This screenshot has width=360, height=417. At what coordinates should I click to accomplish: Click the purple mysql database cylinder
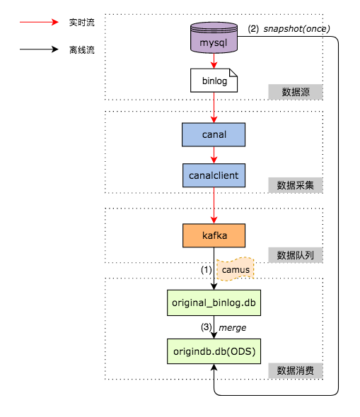pyautogui.click(x=214, y=37)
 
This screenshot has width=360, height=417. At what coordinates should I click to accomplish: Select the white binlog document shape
pyautogui.click(x=214, y=81)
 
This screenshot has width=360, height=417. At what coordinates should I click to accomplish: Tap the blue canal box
pyautogui.click(x=214, y=134)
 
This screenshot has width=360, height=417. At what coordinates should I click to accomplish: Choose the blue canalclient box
pyautogui.click(x=214, y=175)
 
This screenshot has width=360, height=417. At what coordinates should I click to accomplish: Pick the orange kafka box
pyautogui.click(x=214, y=235)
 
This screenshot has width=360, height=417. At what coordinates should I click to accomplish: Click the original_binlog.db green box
pyautogui.click(x=214, y=303)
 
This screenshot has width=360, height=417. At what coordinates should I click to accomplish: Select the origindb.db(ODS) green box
pyautogui.click(x=214, y=351)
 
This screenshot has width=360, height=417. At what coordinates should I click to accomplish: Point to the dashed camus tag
pyautogui.click(x=236, y=269)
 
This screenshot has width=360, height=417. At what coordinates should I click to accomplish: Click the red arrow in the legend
pyautogui.click(x=39, y=22)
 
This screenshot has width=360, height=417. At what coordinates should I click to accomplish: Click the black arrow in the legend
pyautogui.click(x=39, y=49)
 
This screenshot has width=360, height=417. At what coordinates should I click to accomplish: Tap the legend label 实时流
pyautogui.click(x=82, y=23)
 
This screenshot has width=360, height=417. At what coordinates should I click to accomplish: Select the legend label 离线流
pyautogui.click(x=82, y=49)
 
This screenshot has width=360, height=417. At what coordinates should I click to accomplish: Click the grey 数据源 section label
pyautogui.click(x=296, y=92)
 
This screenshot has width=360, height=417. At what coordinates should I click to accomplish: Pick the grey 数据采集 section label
pyautogui.click(x=296, y=185)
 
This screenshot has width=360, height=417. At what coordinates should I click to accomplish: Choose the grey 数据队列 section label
pyautogui.click(x=296, y=255)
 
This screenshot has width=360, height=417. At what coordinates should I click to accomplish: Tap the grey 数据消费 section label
pyautogui.click(x=296, y=370)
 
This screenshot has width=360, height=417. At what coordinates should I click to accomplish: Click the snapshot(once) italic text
pyautogui.click(x=296, y=29)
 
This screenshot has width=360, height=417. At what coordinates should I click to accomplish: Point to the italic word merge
pyautogui.click(x=232, y=328)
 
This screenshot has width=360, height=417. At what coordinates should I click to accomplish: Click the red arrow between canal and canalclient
pyautogui.click(x=214, y=155)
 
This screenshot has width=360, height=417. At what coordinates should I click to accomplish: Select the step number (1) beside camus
pyautogui.click(x=207, y=270)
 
